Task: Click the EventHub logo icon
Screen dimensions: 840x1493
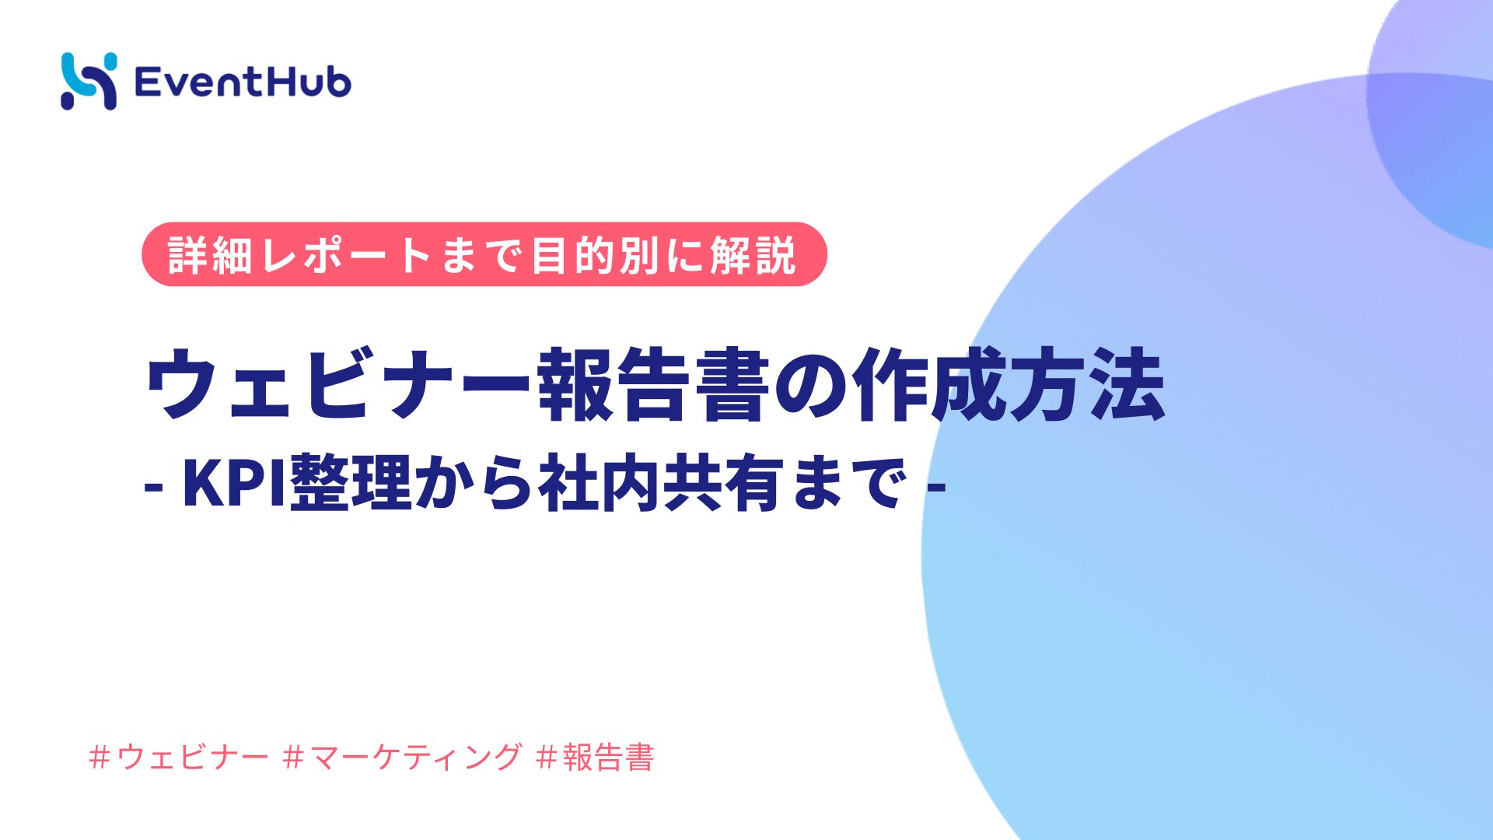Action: point(89,81)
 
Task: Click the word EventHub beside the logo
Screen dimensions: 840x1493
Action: point(243,82)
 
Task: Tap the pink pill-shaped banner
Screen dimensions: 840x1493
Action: point(484,254)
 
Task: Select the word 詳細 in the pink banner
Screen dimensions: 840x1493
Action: point(210,254)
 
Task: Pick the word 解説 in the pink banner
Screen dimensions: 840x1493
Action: point(753,254)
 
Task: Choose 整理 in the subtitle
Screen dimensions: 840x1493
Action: point(351,484)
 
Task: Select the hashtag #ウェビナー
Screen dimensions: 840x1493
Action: point(179,756)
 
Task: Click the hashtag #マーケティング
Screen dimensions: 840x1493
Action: point(403,756)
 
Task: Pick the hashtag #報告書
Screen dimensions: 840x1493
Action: point(596,756)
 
